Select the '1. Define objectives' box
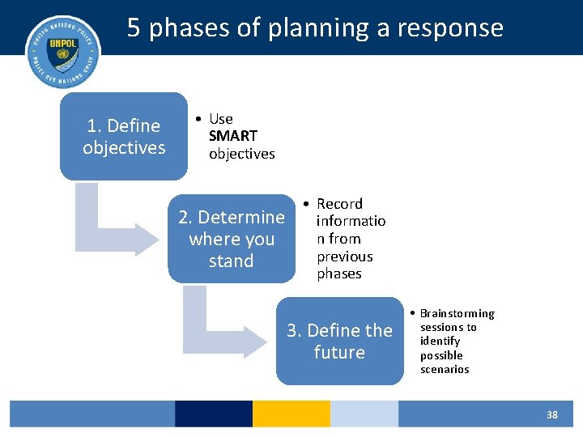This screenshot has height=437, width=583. pyautogui.click(x=123, y=136)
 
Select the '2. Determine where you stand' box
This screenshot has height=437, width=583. pyautogui.click(x=232, y=239)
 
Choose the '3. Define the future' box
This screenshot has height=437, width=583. pyautogui.click(x=339, y=342)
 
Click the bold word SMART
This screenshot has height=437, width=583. pyautogui.click(x=233, y=136)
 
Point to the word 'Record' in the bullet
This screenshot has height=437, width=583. pyautogui.click(x=339, y=204)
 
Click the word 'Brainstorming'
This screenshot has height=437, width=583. pyautogui.click(x=457, y=313)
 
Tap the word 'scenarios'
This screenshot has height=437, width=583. pyautogui.click(x=445, y=369)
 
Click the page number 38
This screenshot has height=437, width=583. pyautogui.click(x=551, y=414)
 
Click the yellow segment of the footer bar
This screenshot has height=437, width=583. pyautogui.click(x=291, y=414)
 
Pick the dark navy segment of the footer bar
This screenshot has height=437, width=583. pyautogui.click(x=213, y=414)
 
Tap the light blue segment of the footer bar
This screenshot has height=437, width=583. pyautogui.click(x=364, y=414)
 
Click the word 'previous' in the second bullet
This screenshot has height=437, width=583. pyautogui.click(x=345, y=257)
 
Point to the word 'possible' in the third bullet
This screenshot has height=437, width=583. pyautogui.click(x=441, y=355)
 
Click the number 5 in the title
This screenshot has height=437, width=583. pyautogui.click(x=134, y=28)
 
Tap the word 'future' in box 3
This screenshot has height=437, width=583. pyautogui.click(x=339, y=353)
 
